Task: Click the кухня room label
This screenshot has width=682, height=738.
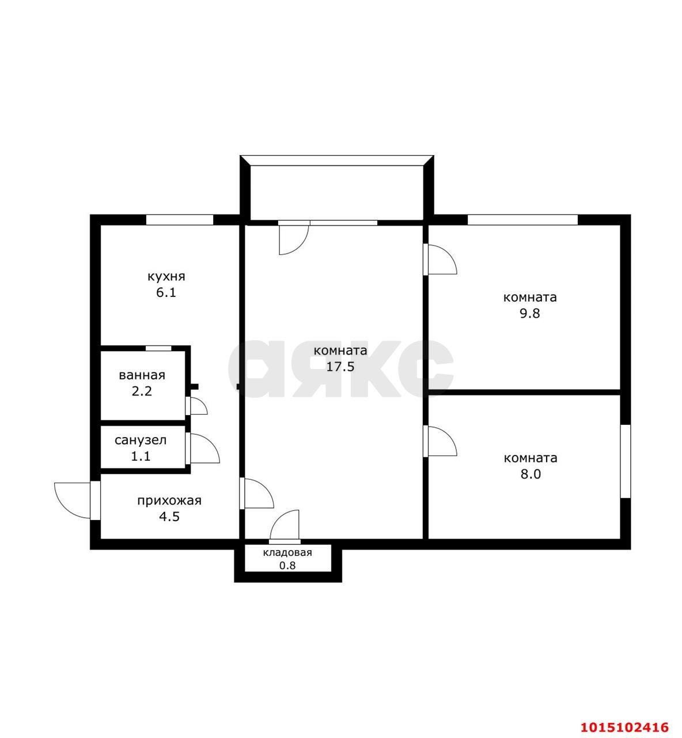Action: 166,276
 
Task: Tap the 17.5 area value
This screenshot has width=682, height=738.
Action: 340,367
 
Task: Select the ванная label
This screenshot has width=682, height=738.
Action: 142,375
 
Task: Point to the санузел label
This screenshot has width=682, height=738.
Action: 141,440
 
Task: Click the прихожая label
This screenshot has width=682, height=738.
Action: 169,500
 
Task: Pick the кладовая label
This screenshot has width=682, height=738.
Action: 287,553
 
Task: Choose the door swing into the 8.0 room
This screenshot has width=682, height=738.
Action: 441,442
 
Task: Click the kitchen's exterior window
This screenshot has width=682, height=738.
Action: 179,220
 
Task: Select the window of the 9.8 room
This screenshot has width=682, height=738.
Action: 522,220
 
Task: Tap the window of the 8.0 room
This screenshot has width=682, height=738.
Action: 625,461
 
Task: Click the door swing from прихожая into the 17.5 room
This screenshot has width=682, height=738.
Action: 256,494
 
